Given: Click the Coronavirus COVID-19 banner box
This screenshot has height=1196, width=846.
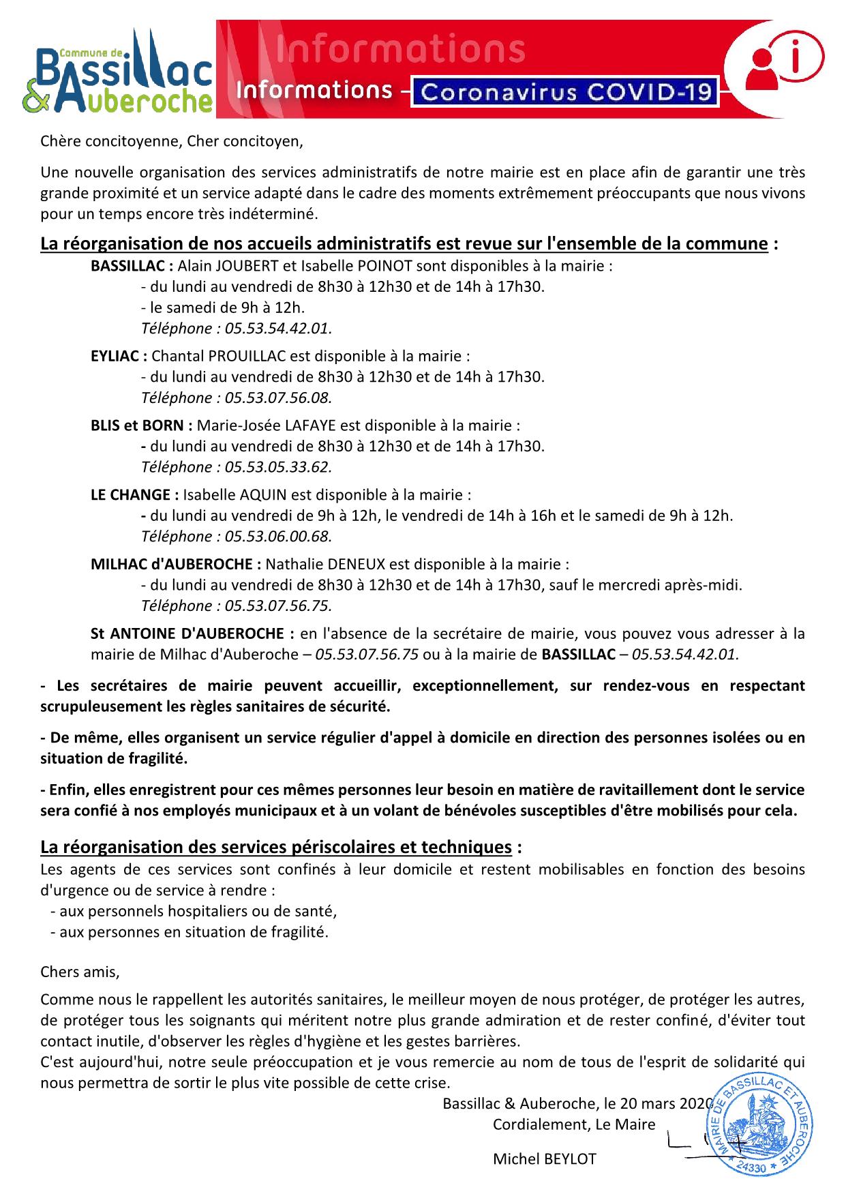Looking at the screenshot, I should (567, 91).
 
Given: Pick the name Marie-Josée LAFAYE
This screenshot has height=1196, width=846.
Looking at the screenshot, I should (267, 425).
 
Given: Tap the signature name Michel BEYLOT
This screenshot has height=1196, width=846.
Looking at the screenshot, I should (544, 1159).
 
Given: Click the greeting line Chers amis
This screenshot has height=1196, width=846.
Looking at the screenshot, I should (80, 972).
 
